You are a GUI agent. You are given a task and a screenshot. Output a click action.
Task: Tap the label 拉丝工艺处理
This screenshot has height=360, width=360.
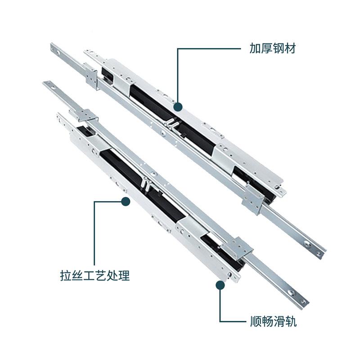tap(94, 275)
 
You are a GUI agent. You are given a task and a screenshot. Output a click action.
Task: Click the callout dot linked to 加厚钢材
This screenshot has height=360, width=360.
tap(178, 107)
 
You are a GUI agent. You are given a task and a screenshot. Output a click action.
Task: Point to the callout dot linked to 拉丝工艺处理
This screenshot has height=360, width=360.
tap(126, 202)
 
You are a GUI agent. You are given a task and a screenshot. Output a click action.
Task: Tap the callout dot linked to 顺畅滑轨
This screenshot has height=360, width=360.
tap(220, 284)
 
